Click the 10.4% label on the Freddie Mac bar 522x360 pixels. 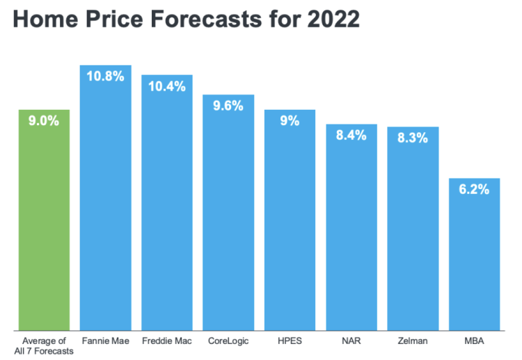coord(167,86)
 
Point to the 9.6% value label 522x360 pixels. coord(228,106)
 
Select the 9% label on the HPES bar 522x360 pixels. coord(290,121)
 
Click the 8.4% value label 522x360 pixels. coord(351,136)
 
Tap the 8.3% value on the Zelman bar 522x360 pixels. coord(412,138)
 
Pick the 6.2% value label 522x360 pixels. coord(474,189)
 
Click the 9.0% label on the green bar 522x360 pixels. coord(44,121)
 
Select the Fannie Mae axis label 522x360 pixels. coord(105,341)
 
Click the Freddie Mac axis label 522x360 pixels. coord(167,341)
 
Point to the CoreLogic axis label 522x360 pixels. coord(228,341)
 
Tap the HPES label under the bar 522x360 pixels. coord(290,341)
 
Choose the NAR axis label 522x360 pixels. coord(351,341)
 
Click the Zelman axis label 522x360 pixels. coord(412,341)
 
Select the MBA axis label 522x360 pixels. coord(474,341)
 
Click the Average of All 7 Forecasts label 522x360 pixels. coord(44,345)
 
